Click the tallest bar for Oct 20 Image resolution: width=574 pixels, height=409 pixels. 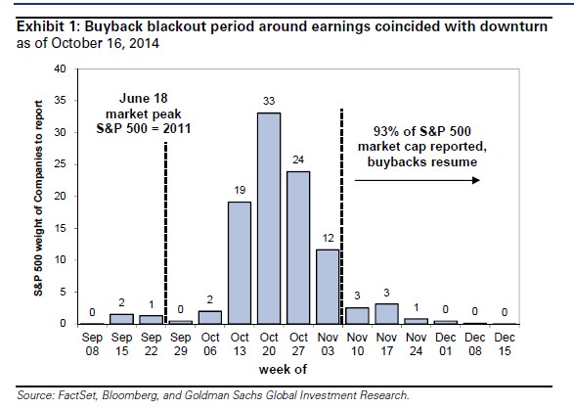pos(269,218)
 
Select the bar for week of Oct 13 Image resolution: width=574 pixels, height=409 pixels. pos(240,263)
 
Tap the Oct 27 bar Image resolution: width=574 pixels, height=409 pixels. pos(298,248)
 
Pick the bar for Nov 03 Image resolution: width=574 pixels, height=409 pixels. pos(328,287)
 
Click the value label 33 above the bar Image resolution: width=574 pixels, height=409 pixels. pos(269,101)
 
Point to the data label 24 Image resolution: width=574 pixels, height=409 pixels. pos(298,159)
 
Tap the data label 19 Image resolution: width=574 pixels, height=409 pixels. pos(240,190)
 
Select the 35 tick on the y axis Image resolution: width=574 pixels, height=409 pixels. pos(60,101)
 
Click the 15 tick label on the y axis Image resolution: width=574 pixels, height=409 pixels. pos(60,228)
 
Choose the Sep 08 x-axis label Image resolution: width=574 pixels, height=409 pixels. pos(92,344)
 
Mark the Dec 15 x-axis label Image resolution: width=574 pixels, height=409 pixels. pos(505,344)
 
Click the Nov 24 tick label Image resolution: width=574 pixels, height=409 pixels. pos(417,344)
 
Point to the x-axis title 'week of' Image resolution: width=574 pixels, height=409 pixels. pos(283,370)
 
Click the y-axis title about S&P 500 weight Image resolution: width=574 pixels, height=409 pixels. pos(38,198)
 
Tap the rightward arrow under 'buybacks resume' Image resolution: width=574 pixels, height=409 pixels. pos(418,180)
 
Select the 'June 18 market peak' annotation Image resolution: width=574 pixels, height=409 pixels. pos(144,114)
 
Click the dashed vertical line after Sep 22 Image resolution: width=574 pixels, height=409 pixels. pos(166,233)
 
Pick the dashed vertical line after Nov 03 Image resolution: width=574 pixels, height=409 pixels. pos(342,216)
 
